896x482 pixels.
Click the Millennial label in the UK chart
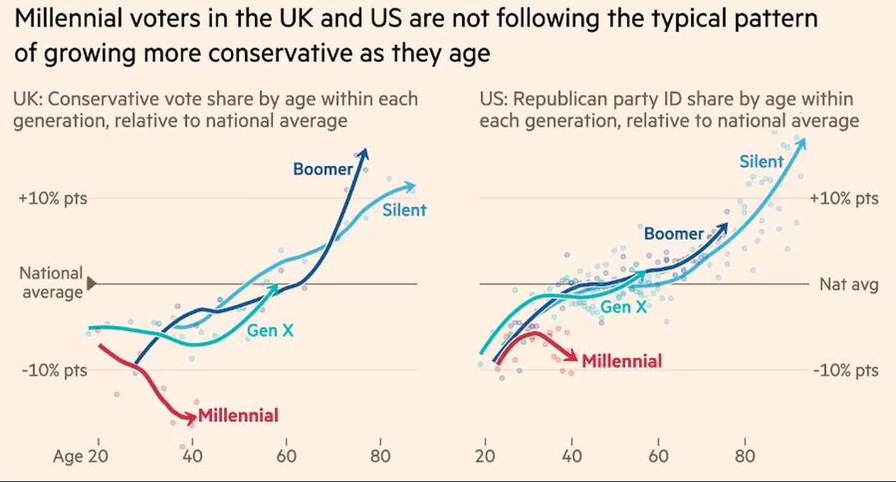pyautogui.click(x=238, y=416)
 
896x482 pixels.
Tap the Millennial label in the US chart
pyautogui.click(x=622, y=361)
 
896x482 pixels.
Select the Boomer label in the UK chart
pyautogui.click(x=323, y=169)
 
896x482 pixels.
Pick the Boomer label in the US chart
pyautogui.click(x=673, y=234)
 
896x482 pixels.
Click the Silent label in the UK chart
pyautogui.click(x=404, y=210)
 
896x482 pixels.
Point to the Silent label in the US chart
pyautogui.click(x=762, y=162)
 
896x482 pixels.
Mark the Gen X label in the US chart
pyautogui.click(x=624, y=306)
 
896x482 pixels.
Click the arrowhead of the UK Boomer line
pyautogui.click(x=364, y=153)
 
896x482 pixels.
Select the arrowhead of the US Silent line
pyautogui.click(x=801, y=141)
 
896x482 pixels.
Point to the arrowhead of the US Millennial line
pyautogui.click(x=574, y=357)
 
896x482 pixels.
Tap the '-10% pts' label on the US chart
pyautogui.click(x=845, y=370)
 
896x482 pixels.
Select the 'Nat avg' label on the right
pyautogui.click(x=848, y=285)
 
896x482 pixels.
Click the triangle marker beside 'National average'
pyautogui.click(x=91, y=283)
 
